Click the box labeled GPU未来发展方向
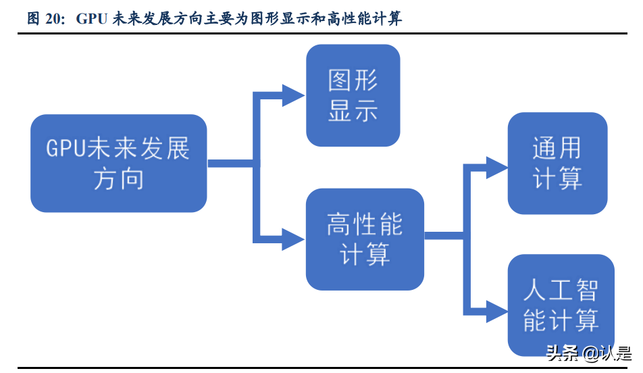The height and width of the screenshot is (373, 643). coord(118,164)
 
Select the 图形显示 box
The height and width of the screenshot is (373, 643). coord(353,95)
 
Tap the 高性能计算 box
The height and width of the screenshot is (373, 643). coord(365,239)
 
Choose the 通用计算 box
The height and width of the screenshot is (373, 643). coord(557,164)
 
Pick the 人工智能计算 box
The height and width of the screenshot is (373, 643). coord(561,305)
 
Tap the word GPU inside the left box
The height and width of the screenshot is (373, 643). coord(66,149)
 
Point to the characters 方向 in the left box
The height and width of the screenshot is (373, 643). coord(118,180)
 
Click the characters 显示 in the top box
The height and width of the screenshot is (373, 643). coord(353,111)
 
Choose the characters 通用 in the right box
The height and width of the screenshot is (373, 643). coord(557,148)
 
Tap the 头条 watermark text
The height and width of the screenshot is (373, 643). coord(561,353)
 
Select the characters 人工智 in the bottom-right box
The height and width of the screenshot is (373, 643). coord(561,290)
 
